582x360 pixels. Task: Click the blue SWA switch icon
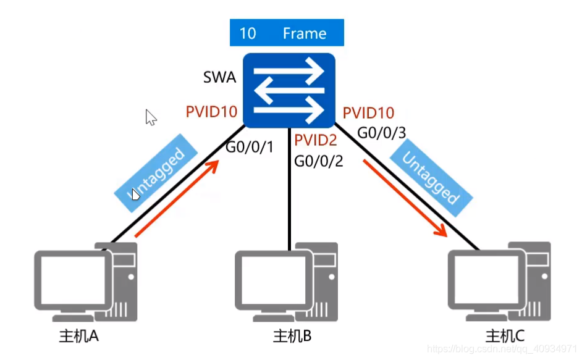coord(289,90)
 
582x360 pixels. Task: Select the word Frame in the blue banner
coord(304,33)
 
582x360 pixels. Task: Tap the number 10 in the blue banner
coord(247,33)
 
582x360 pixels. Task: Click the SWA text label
coord(219,78)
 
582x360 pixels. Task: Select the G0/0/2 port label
coord(318,161)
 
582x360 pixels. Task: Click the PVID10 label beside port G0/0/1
coord(212,112)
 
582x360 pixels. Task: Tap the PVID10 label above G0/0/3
coord(368,113)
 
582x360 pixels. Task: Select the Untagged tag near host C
coord(431,179)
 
